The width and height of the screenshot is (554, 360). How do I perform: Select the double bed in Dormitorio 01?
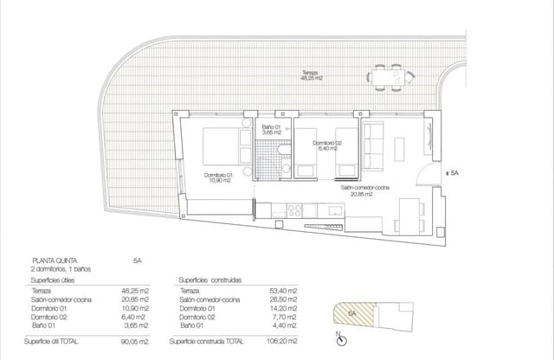pos(224,146)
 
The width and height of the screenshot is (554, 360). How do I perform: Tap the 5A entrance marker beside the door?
pos(455,174)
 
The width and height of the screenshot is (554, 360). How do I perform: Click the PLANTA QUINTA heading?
pos(58,259)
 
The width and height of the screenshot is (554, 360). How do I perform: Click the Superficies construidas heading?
pos(209,280)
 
